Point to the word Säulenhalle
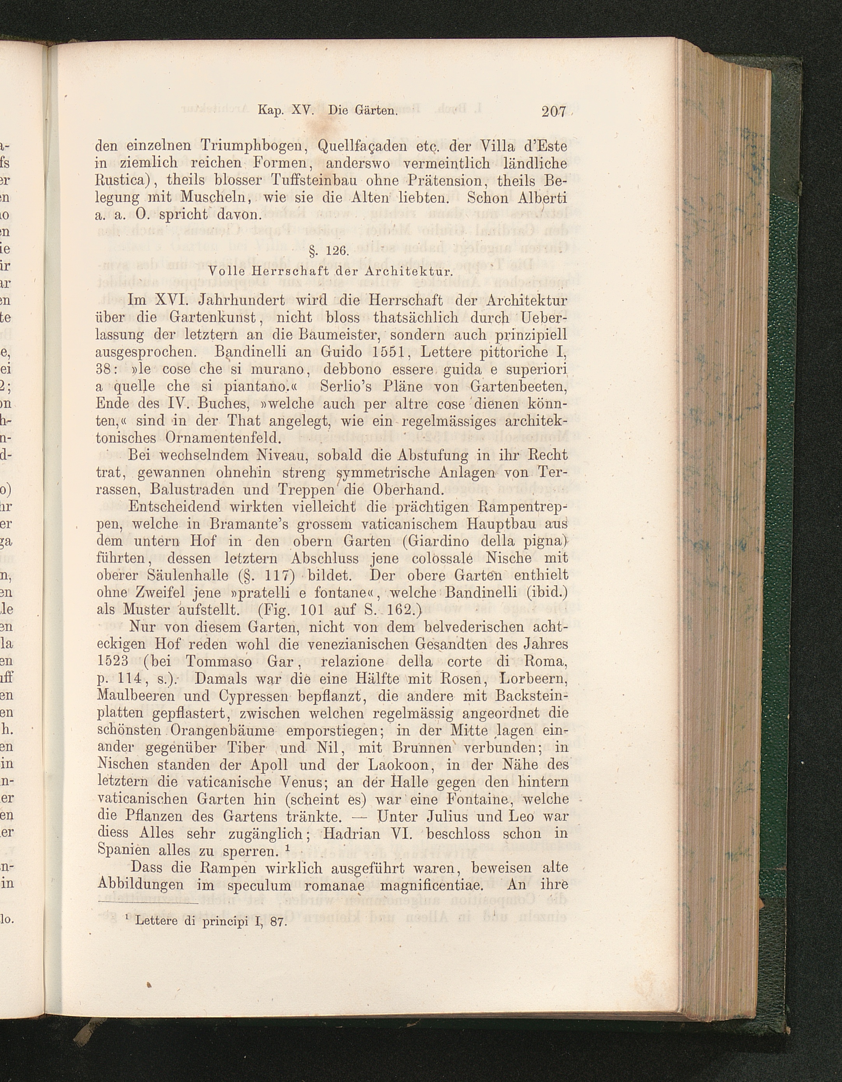pos(192,576)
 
